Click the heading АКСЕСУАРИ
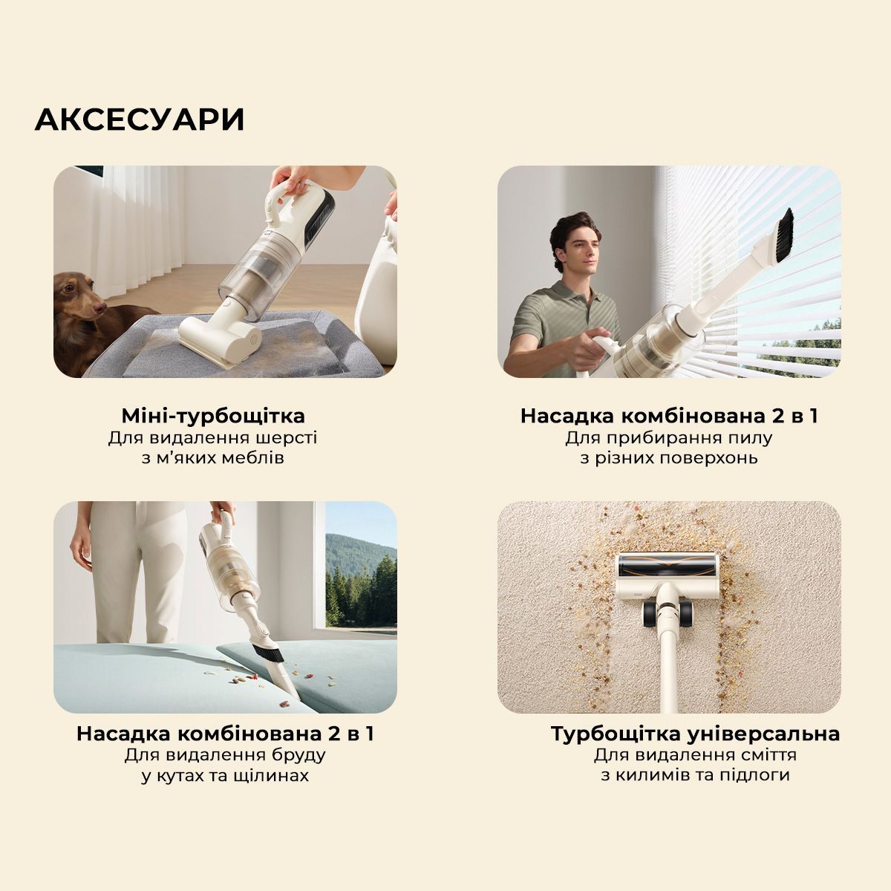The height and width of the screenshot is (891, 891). click(139, 120)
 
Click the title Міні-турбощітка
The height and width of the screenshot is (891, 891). click(213, 416)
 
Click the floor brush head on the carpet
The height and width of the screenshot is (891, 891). click(668, 577)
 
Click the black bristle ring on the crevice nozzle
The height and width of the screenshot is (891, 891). click(268, 654)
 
